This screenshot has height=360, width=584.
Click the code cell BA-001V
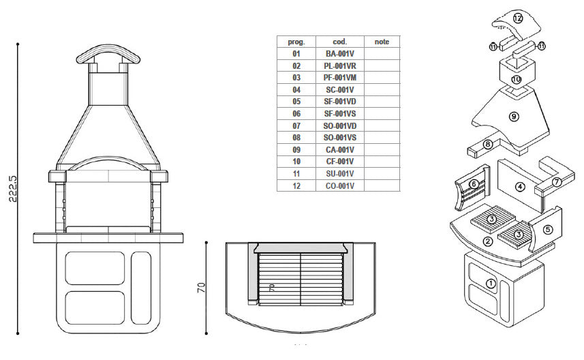coord(339,54)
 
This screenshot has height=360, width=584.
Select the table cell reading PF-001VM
coord(339,78)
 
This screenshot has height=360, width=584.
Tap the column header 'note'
coord(382,42)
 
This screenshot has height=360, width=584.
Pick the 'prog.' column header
coord(296,42)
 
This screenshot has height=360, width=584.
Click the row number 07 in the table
coord(296,125)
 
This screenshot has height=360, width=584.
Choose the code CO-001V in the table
coord(339,185)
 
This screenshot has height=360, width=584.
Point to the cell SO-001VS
coord(339,138)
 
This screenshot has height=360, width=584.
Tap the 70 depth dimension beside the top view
coord(201,286)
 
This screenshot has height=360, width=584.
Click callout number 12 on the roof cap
coord(518,18)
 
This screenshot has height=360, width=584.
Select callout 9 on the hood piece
coord(514,117)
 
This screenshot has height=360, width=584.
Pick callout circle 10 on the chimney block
coord(516,80)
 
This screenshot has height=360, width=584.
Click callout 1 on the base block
coord(490,282)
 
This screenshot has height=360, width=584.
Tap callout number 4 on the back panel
coord(520,185)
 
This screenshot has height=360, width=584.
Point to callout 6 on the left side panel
coord(473,184)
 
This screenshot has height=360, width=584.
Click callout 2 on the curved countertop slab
coord(488,241)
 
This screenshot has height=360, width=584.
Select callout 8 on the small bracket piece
coord(488,144)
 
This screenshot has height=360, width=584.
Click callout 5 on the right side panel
coord(548,230)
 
